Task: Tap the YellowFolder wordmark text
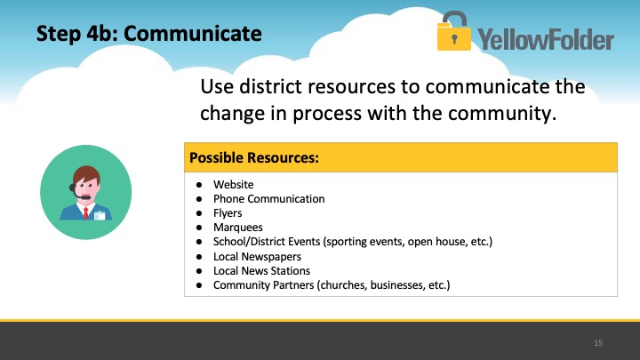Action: point(546,40)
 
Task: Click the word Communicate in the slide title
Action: point(193,34)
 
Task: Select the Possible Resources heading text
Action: point(254,157)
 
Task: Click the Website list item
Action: point(234,185)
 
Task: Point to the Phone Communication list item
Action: point(269,199)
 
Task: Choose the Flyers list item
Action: point(228,213)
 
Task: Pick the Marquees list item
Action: point(238,228)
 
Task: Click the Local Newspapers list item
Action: point(257,256)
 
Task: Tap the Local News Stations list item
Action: point(261,270)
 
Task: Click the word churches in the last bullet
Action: point(343,285)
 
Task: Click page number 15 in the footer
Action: point(598,343)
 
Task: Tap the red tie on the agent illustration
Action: point(85,213)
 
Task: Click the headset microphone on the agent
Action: point(85,197)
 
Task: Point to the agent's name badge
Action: point(100,215)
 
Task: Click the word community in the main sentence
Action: point(502,114)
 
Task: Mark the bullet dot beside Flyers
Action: point(199,213)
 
